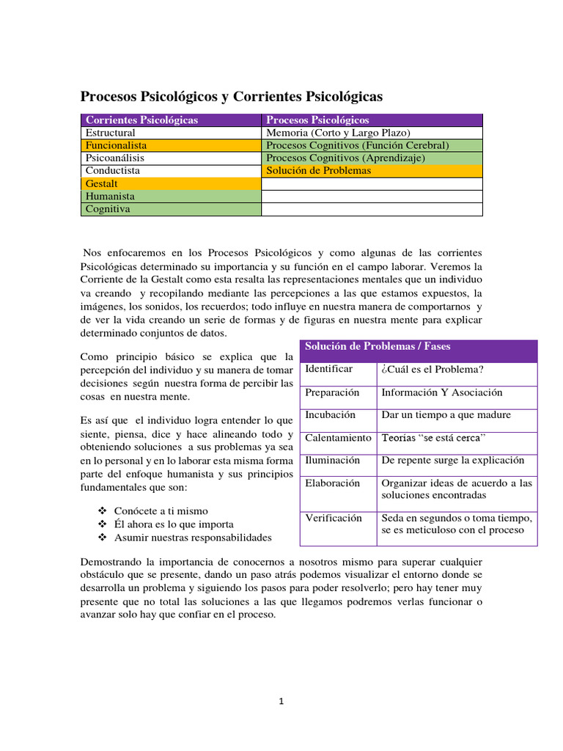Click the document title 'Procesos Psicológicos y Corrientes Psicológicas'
(231, 97)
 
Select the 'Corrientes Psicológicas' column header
(141, 120)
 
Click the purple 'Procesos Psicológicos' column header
(317, 120)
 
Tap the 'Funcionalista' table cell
(116, 146)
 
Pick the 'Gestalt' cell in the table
(102, 183)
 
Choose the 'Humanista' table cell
(110, 197)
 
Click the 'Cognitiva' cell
(108, 209)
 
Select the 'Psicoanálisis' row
(115, 158)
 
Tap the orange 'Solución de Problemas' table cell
(319, 171)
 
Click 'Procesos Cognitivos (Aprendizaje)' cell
(345, 158)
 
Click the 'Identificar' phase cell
(329, 369)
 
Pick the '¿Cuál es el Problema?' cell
(433, 370)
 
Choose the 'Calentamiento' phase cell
(338, 438)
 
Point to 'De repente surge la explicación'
(453, 461)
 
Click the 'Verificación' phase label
(334, 518)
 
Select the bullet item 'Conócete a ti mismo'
(161, 511)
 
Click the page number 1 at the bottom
(281, 701)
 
